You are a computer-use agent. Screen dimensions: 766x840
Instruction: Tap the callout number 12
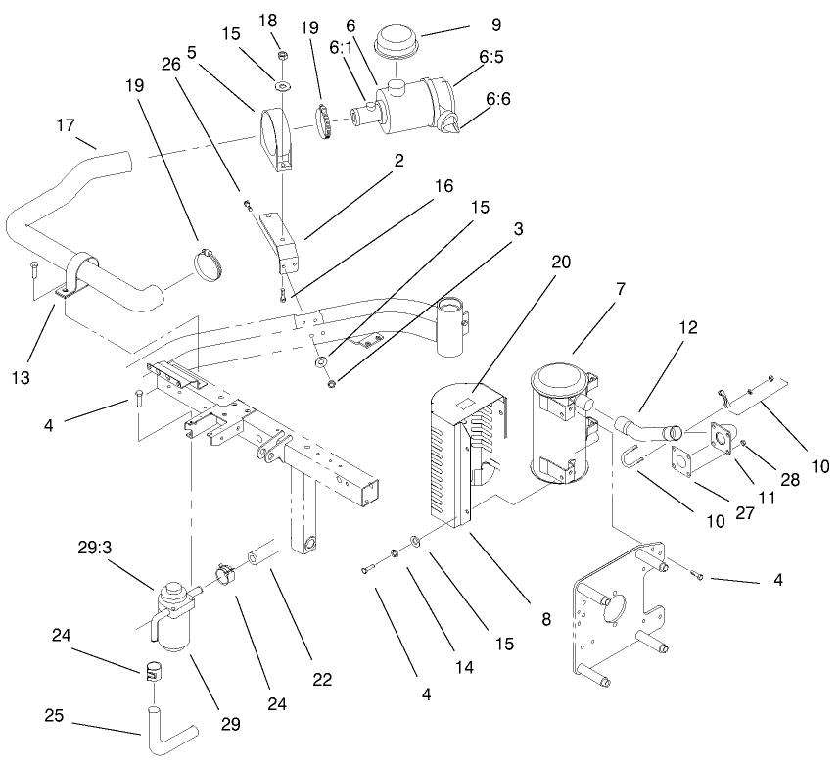point(689,328)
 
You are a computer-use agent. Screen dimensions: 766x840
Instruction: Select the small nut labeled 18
point(280,56)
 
